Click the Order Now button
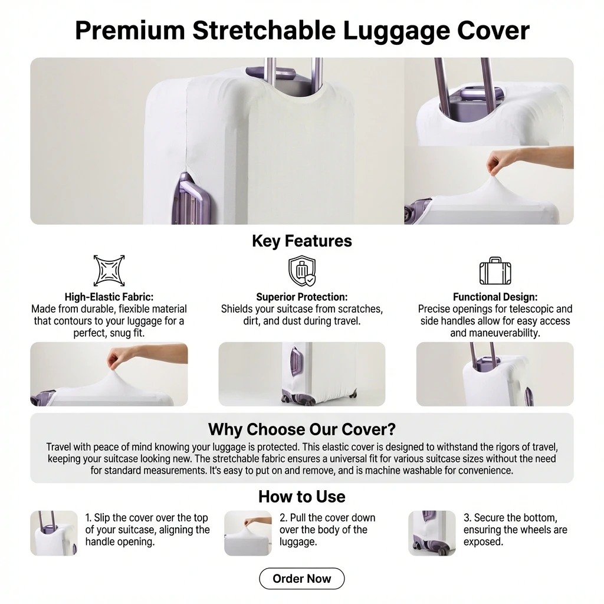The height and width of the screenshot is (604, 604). [x=301, y=578]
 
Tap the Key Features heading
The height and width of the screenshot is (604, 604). [x=302, y=241]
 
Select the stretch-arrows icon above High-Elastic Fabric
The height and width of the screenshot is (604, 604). [x=109, y=270]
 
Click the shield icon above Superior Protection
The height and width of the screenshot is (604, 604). [x=302, y=271]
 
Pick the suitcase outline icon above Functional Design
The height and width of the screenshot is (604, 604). [x=495, y=271]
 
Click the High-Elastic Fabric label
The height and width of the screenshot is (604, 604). [x=109, y=297]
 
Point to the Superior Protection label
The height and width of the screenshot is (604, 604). [x=302, y=297]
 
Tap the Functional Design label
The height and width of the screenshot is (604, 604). [x=495, y=297]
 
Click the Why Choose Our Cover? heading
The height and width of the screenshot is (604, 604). [x=302, y=429]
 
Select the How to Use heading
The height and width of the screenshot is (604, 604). [x=302, y=497]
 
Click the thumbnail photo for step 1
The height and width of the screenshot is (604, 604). [x=54, y=533]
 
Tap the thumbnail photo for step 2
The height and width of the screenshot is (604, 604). [x=248, y=533]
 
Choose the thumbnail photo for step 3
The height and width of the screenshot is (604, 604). [x=432, y=533]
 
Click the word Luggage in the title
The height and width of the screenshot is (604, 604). [x=396, y=31]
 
